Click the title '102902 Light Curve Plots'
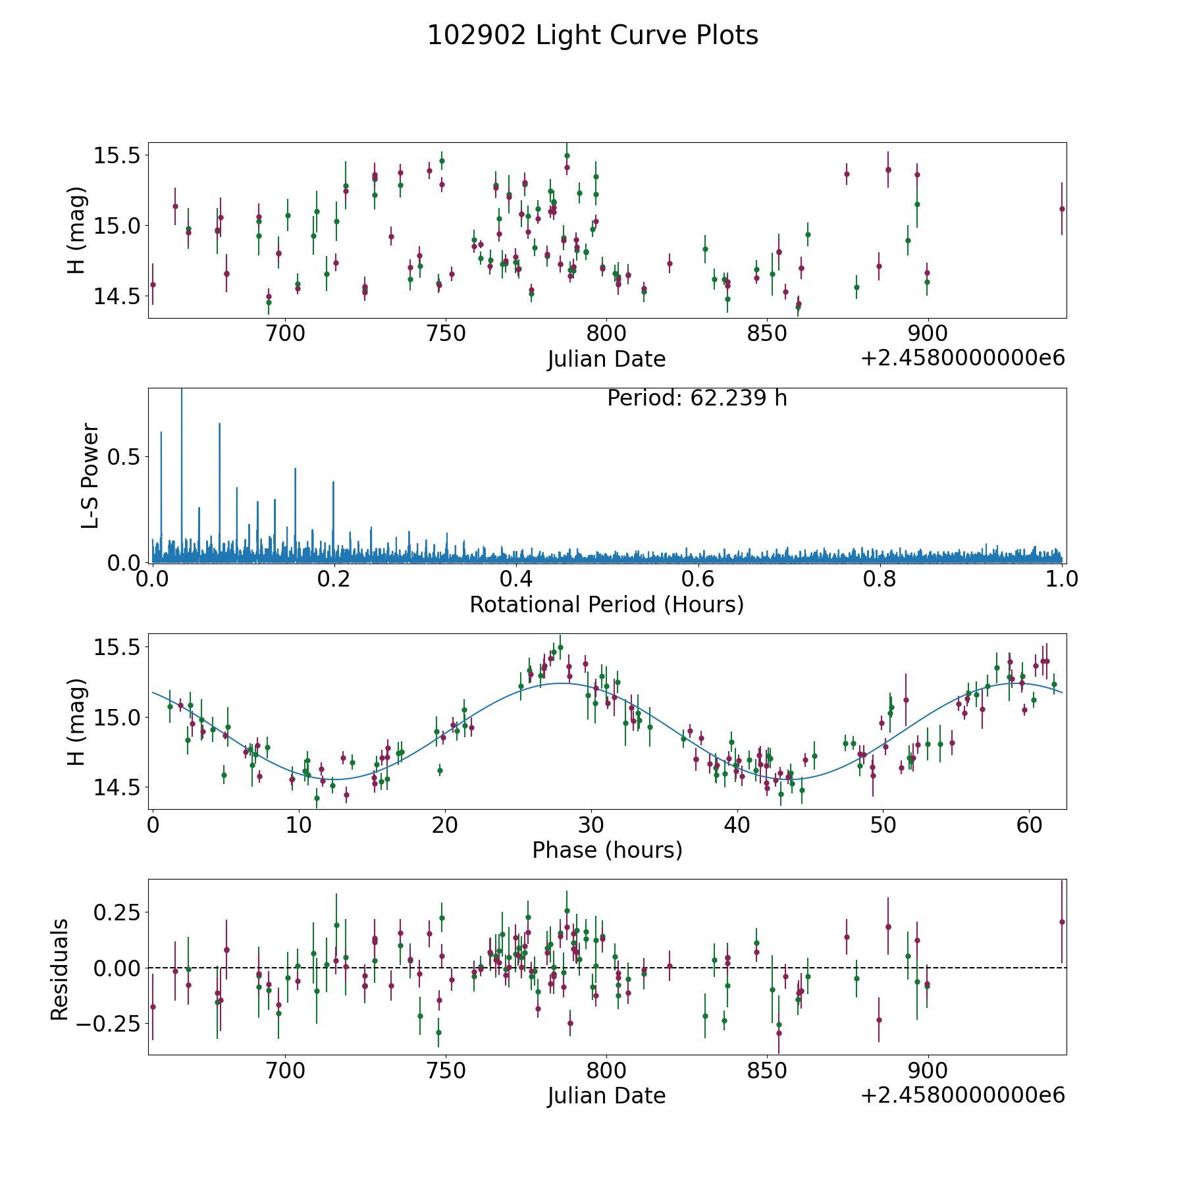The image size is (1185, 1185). (x=592, y=36)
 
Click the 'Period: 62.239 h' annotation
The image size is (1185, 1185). (x=697, y=398)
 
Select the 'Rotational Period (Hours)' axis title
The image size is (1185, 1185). (x=606, y=604)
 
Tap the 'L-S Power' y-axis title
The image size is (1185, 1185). (x=90, y=475)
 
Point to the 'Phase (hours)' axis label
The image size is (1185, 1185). (x=606, y=850)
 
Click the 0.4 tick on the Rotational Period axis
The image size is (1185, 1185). (x=516, y=579)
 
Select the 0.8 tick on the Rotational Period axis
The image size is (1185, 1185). (x=880, y=579)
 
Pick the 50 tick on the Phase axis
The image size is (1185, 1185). (x=882, y=825)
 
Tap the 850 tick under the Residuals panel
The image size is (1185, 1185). (x=766, y=1070)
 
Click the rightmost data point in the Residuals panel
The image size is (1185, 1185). (x=1061, y=922)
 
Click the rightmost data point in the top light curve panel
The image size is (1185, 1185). (x=1061, y=209)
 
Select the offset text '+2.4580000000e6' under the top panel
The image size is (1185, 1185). (x=962, y=359)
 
